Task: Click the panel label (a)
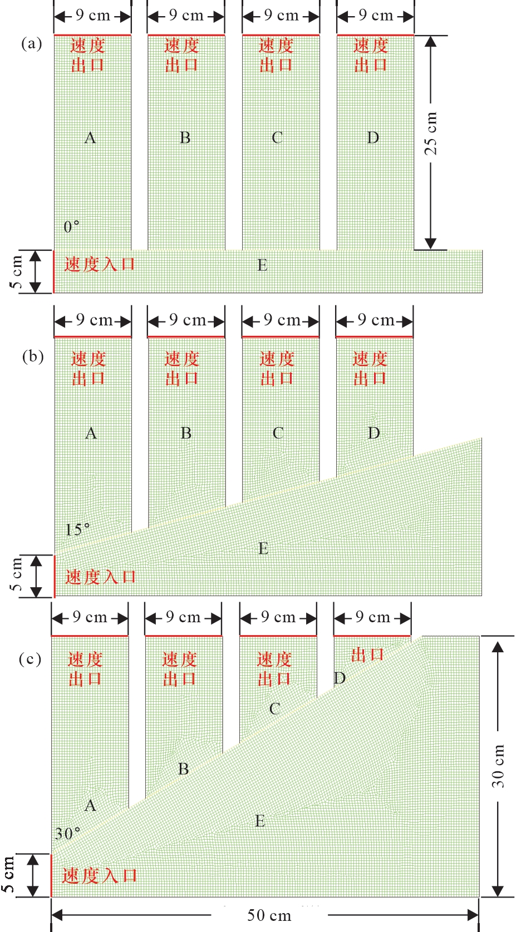click(32, 44)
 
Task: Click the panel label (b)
click(33, 356)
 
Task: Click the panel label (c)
click(30, 659)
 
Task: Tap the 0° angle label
click(71, 227)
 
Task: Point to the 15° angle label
click(77, 529)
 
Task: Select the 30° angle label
click(67, 834)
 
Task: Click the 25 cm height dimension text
click(431, 133)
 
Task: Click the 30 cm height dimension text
click(498, 766)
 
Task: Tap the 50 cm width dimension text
click(269, 915)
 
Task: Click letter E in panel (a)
click(262, 265)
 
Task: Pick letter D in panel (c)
click(340, 678)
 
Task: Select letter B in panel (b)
click(186, 433)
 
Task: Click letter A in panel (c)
click(90, 806)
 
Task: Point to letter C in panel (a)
click(277, 138)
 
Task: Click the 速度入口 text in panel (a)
click(100, 264)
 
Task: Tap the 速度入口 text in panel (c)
click(100, 875)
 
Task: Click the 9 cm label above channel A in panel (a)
click(93, 16)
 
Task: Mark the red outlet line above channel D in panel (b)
click(375, 336)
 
